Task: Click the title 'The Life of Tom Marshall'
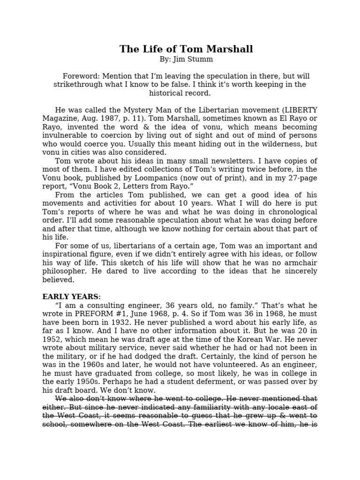tap(186, 49)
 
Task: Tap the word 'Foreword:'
tap(81, 76)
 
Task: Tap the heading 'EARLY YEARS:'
tap(72, 297)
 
